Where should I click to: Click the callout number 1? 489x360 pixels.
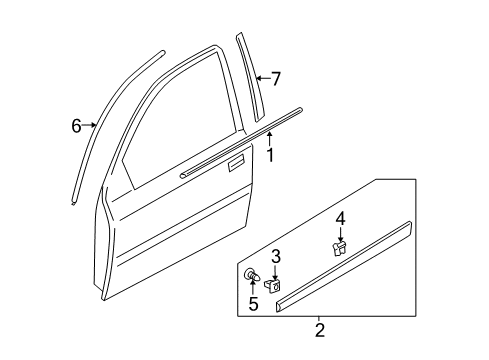pyautogui.click(x=270, y=155)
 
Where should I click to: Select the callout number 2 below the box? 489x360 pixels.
pyautogui.click(x=319, y=330)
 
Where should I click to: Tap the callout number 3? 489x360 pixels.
pyautogui.click(x=276, y=257)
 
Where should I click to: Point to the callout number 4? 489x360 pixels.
pyautogui.click(x=340, y=219)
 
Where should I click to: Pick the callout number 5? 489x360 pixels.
pyautogui.click(x=253, y=304)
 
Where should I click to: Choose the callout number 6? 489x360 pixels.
pyautogui.click(x=76, y=126)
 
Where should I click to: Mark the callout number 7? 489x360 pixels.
pyautogui.click(x=276, y=79)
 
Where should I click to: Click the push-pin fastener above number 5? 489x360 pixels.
pyautogui.click(x=252, y=275)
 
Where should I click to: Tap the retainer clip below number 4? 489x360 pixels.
pyautogui.click(x=339, y=248)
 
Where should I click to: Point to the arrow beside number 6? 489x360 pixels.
pyautogui.click(x=89, y=125)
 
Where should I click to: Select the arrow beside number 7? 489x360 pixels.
pyautogui.click(x=263, y=78)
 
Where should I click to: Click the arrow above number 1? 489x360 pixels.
pyautogui.click(x=269, y=139)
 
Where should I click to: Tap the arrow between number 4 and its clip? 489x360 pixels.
pyautogui.click(x=340, y=234)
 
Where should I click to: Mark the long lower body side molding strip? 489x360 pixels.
pyautogui.click(x=344, y=267)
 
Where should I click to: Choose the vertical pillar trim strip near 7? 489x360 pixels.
pyautogui.click(x=250, y=77)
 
